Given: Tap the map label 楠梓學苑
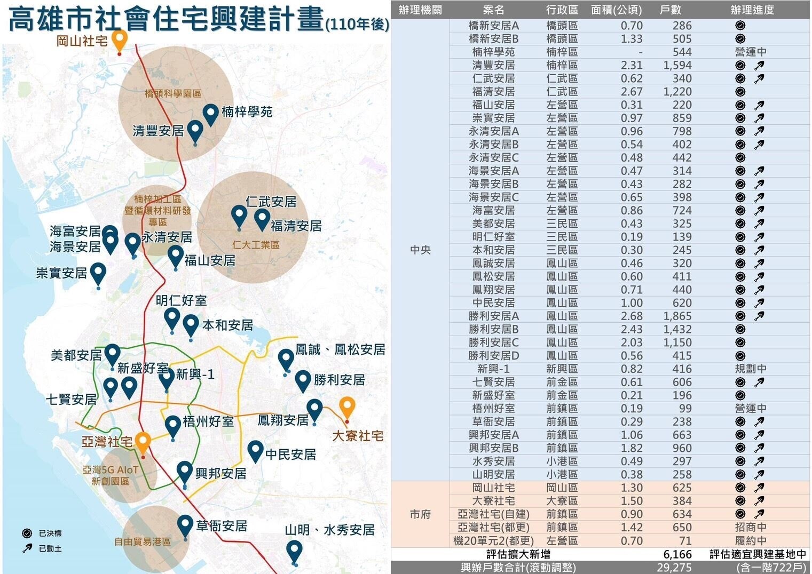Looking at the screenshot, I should tap(247, 111).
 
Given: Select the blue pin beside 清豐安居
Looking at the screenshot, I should tap(195, 131).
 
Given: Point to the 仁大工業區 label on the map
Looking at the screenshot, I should tap(256, 245).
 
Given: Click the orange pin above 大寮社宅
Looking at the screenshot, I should tap(348, 408).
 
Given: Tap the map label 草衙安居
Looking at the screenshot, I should tap(222, 526).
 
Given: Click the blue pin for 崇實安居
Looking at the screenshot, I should tap(98, 274).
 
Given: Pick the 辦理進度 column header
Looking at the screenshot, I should tap(752, 10).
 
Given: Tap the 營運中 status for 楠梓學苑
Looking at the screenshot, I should tap(750, 52).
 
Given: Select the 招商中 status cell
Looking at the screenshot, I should tap(750, 527).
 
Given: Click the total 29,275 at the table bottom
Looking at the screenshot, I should tap(674, 568).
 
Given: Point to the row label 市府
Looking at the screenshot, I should tap(420, 514).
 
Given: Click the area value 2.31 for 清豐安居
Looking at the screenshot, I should tap(631, 65).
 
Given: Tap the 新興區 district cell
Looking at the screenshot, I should tap(562, 369).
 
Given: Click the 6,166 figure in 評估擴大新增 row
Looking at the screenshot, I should tap(677, 554).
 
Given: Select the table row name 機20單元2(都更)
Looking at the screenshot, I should tap(493, 540).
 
